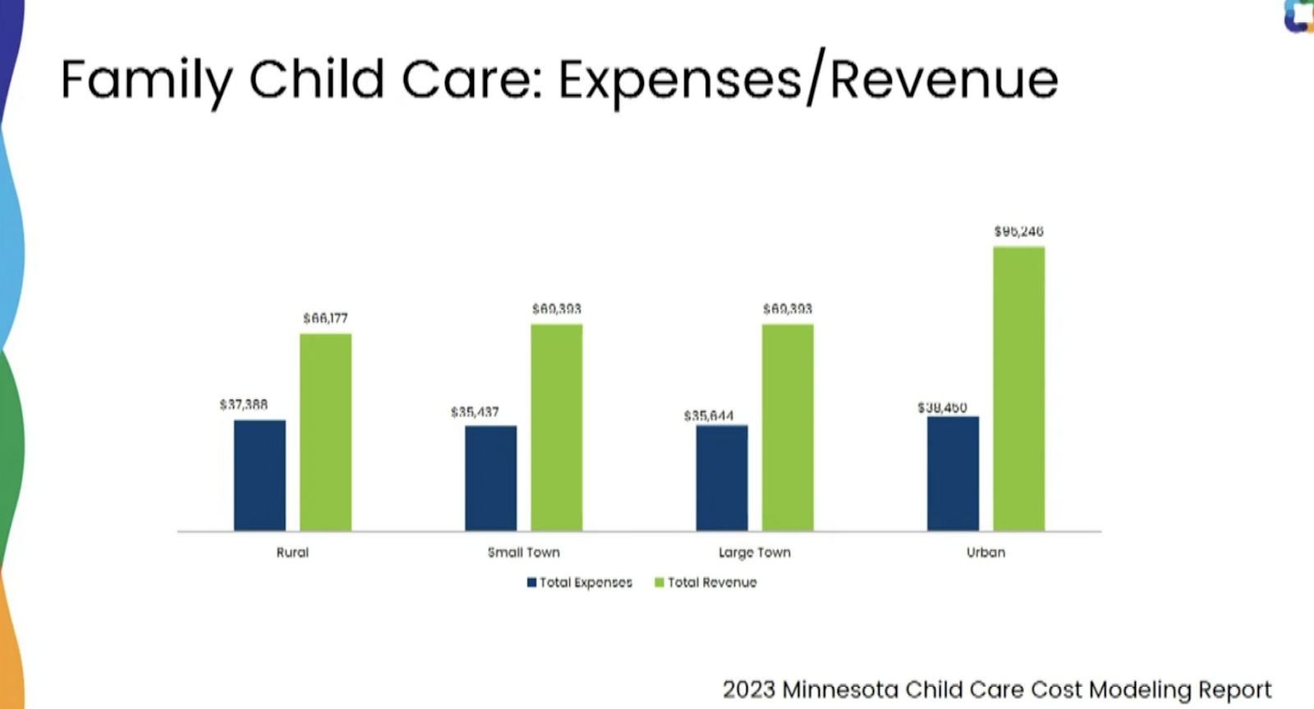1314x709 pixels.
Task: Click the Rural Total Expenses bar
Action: tap(260, 475)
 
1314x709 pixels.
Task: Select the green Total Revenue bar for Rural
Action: tap(325, 432)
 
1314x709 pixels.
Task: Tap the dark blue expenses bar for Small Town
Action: tap(491, 478)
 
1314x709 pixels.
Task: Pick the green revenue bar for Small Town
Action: tap(557, 427)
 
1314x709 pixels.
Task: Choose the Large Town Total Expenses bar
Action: tap(722, 478)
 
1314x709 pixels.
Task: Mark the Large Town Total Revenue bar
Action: tap(788, 427)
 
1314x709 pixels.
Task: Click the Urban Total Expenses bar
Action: tap(953, 473)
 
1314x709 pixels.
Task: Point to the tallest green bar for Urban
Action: tap(1019, 388)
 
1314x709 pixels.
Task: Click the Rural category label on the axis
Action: tap(292, 552)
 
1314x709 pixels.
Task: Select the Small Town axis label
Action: tap(523, 552)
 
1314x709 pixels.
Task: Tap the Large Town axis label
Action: tap(754, 552)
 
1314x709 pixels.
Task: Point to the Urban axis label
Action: tap(985, 552)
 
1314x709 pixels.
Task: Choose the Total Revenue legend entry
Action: tap(705, 583)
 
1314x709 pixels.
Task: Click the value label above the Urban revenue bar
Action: tap(1018, 231)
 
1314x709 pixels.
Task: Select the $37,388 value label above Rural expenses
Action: tap(243, 405)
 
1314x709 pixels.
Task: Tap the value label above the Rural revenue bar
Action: tap(325, 318)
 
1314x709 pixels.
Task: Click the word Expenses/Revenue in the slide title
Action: tap(808, 80)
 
